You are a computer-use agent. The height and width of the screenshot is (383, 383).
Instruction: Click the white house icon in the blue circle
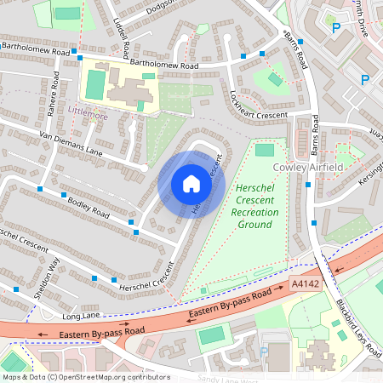click(x=191, y=184)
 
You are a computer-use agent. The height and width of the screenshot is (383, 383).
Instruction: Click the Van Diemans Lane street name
click(x=75, y=146)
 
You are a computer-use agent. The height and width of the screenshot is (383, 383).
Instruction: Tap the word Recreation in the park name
click(x=253, y=209)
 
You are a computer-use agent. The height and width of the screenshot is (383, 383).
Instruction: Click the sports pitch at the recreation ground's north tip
click(x=265, y=150)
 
